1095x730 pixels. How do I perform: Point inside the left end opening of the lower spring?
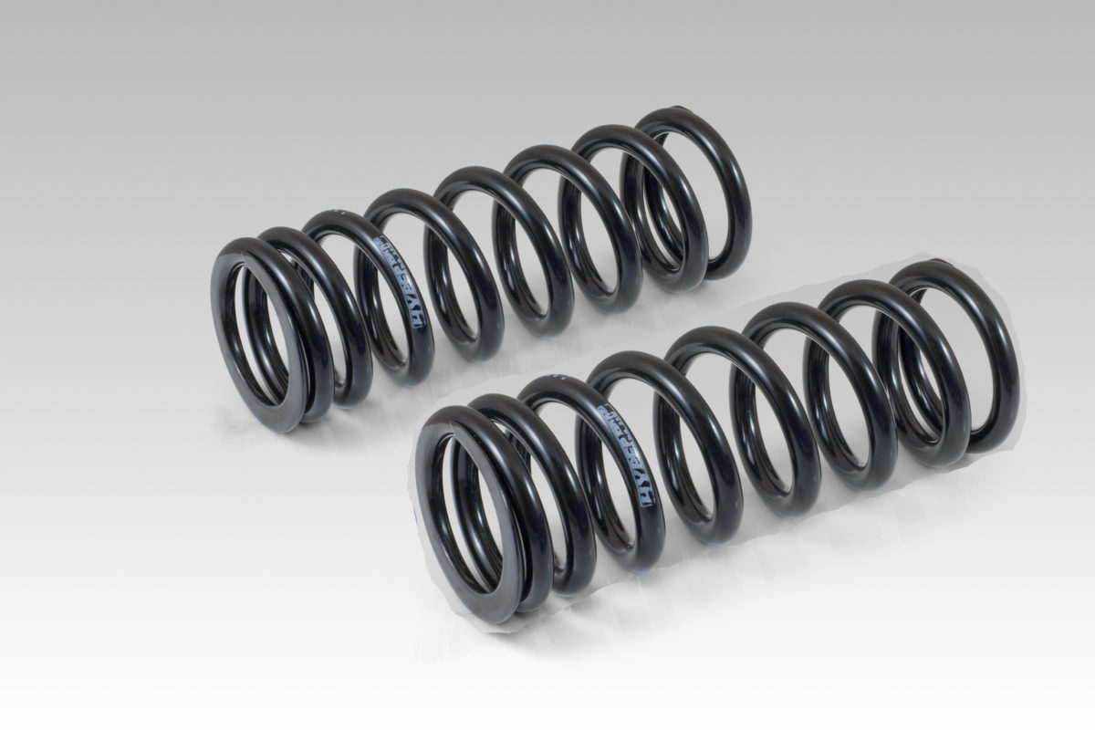[474, 506]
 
